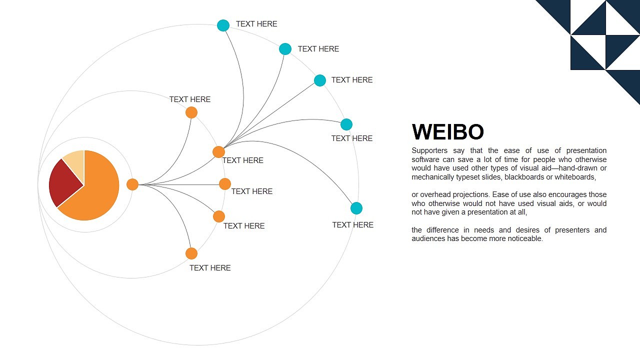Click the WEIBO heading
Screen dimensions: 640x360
click(447, 132)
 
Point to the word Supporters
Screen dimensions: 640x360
click(429, 150)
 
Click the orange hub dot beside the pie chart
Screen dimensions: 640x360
click(132, 184)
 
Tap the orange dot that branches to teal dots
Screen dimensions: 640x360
click(218, 152)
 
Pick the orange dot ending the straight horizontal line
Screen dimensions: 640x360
click(225, 184)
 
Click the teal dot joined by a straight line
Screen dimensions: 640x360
click(320, 80)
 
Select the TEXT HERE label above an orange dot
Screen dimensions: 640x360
click(190, 99)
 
